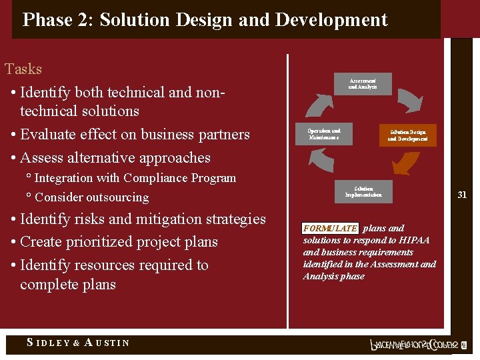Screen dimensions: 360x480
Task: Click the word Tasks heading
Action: click(23, 69)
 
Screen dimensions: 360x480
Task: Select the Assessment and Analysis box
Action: click(362, 84)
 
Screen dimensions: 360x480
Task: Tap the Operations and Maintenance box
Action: click(324, 134)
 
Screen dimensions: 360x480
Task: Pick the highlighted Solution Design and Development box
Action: click(407, 135)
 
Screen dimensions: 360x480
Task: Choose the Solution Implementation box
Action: click(364, 192)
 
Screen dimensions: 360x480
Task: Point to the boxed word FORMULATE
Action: click(330, 228)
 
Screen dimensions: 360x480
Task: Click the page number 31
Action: click(461, 195)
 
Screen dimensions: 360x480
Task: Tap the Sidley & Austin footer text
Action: click(78, 343)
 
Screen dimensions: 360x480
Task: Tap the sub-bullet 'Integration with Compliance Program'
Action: click(135, 178)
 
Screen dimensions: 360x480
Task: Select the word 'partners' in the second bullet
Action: click(223, 135)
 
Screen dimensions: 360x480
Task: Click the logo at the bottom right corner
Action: click(414, 345)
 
